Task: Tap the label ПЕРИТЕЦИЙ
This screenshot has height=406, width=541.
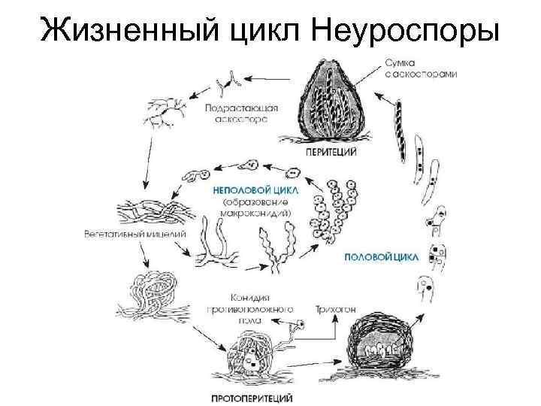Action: (x=331, y=153)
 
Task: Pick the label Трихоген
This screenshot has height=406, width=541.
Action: (x=332, y=309)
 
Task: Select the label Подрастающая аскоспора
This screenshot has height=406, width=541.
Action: (x=241, y=114)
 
